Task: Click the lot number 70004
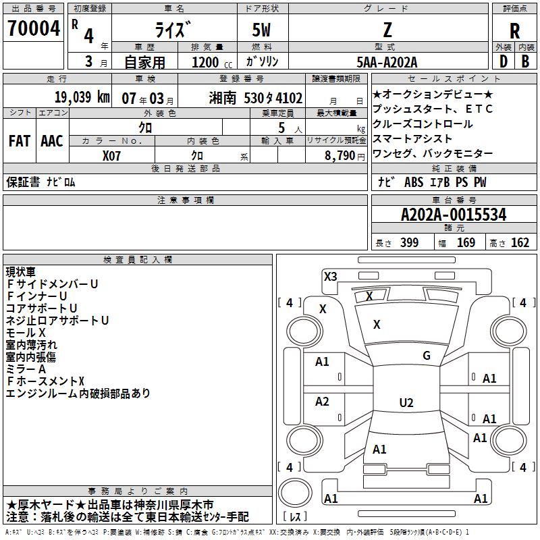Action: [34, 28]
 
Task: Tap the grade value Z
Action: [387, 30]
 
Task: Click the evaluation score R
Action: [514, 31]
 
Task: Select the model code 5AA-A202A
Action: [387, 62]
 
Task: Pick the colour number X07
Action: [112, 155]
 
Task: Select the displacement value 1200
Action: [204, 62]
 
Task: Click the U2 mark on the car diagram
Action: [406, 403]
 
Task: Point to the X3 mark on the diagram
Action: [331, 276]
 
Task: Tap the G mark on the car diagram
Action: [426, 356]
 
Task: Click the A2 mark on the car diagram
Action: [323, 402]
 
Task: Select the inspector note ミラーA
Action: [26, 369]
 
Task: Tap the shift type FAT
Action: [20, 141]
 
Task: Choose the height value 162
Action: [520, 243]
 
